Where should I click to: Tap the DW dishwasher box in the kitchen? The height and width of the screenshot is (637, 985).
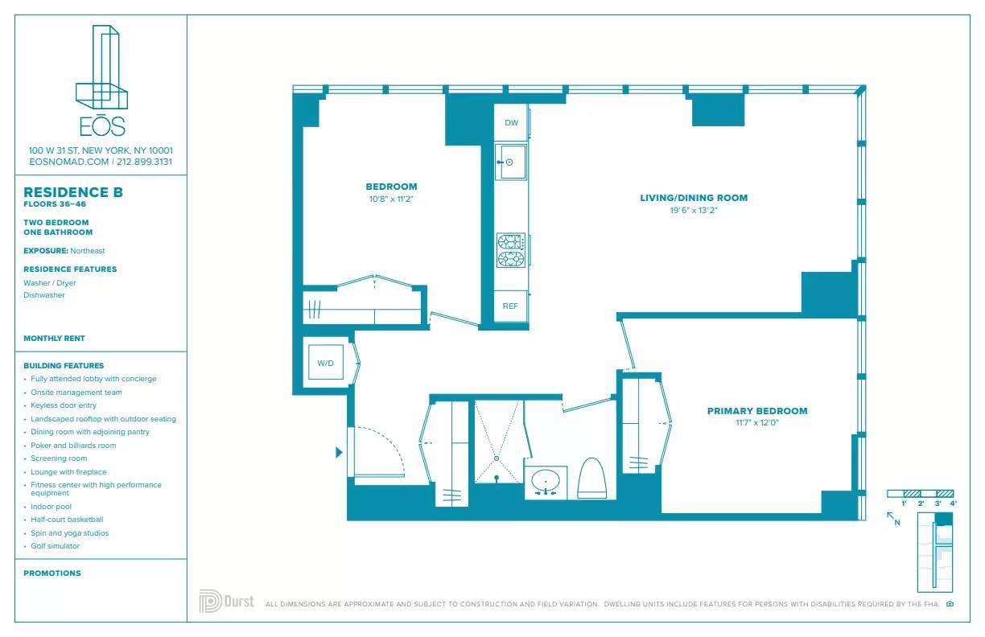pyautogui.click(x=511, y=123)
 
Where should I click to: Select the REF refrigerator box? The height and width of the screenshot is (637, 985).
pyautogui.click(x=510, y=306)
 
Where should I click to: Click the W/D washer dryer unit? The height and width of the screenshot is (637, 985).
pyautogui.click(x=325, y=364)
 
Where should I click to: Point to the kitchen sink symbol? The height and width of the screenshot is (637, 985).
pyautogui.click(x=509, y=162)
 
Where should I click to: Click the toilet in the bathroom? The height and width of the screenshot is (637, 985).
pyautogui.click(x=591, y=479)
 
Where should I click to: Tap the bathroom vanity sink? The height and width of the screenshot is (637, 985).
pyautogui.click(x=546, y=483)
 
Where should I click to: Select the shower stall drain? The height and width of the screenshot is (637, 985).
pyautogui.click(x=497, y=458)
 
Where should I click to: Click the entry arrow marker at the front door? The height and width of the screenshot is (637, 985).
pyautogui.click(x=339, y=453)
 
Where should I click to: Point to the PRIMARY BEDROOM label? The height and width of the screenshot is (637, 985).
pyautogui.click(x=756, y=411)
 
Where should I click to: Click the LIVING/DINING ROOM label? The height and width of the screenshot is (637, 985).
pyautogui.click(x=694, y=198)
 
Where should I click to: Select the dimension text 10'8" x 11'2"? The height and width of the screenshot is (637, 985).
pyautogui.click(x=391, y=199)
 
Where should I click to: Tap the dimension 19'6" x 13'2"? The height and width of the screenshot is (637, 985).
pyautogui.click(x=694, y=210)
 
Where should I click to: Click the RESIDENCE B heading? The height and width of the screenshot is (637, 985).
pyautogui.click(x=73, y=192)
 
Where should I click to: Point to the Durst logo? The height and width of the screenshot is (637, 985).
pyautogui.click(x=226, y=602)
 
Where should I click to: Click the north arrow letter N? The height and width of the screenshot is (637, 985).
pyautogui.click(x=897, y=523)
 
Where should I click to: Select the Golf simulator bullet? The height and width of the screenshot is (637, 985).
pyautogui.click(x=55, y=546)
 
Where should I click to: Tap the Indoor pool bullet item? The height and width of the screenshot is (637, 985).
pyautogui.click(x=51, y=507)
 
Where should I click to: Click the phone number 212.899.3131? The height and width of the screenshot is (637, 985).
pyautogui.click(x=144, y=162)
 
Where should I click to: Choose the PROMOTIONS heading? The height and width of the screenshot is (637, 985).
pyautogui.click(x=52, y=573)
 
